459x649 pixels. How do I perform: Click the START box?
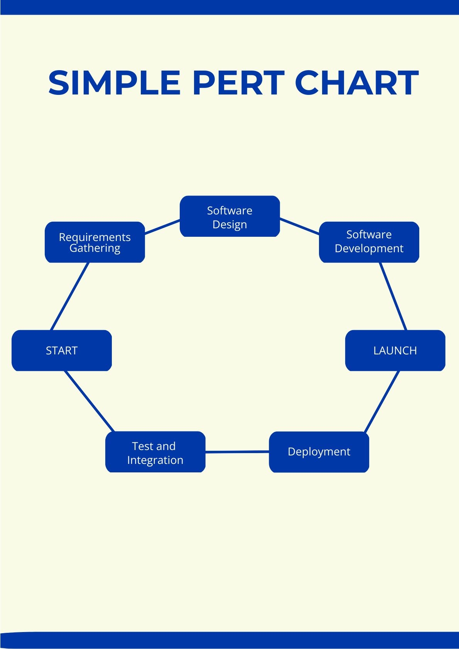pos(62,350)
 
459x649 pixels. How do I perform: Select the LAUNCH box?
pos(395,350)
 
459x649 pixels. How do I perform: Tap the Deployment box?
pos(319,452)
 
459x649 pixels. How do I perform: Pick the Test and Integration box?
pos(155,452)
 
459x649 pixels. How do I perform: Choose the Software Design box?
pos(229,216)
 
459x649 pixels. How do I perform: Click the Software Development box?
pos(369,242)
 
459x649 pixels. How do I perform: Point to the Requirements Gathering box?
pos(94,242)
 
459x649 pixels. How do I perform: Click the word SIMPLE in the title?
pos(115,83)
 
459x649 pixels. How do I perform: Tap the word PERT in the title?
pos(238,83)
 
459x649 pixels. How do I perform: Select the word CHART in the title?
pos(357,83)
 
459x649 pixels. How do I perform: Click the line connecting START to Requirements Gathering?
pos(70,296)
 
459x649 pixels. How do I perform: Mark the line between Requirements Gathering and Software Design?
pos(162,227)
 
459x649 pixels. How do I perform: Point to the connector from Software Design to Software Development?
pos(299,226)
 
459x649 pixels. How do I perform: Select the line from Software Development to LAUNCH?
pos(393,296)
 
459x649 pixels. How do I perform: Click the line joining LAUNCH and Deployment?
pos(381,401)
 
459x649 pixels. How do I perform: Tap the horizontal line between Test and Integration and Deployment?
pos(237,452)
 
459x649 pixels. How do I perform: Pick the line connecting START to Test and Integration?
pos(89,401)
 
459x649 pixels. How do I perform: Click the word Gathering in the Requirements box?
pos(95,248)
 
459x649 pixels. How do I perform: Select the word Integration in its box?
pos(155,460)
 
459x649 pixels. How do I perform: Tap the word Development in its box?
pos(369,248)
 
